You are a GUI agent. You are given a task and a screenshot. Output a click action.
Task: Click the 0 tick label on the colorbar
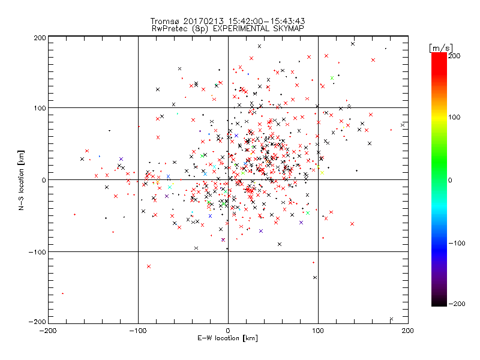pyautogui.click(x=454, y=180)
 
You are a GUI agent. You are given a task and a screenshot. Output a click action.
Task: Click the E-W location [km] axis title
pyautogui.click(x=228, y=339)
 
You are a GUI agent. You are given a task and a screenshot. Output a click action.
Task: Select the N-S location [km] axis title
pyautogui.click(x=22, y=180)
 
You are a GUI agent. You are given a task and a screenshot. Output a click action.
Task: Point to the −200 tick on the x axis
pyautogui.click(x=48, y=331)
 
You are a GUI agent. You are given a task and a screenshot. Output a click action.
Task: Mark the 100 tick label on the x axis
pyautogui.click(x=318, y=331)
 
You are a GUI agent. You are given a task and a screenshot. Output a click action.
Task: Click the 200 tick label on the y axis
pyautogui.click(x=40, y=38)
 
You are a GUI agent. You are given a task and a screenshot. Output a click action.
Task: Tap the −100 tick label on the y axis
pyautogui.click(x=37, y=252)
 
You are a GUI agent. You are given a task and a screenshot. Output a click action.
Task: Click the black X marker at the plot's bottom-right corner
pyautogui.click(x=391, y=319)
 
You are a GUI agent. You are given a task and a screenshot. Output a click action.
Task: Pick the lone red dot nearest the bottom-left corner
pyautogui.click(x=62, y=293)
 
